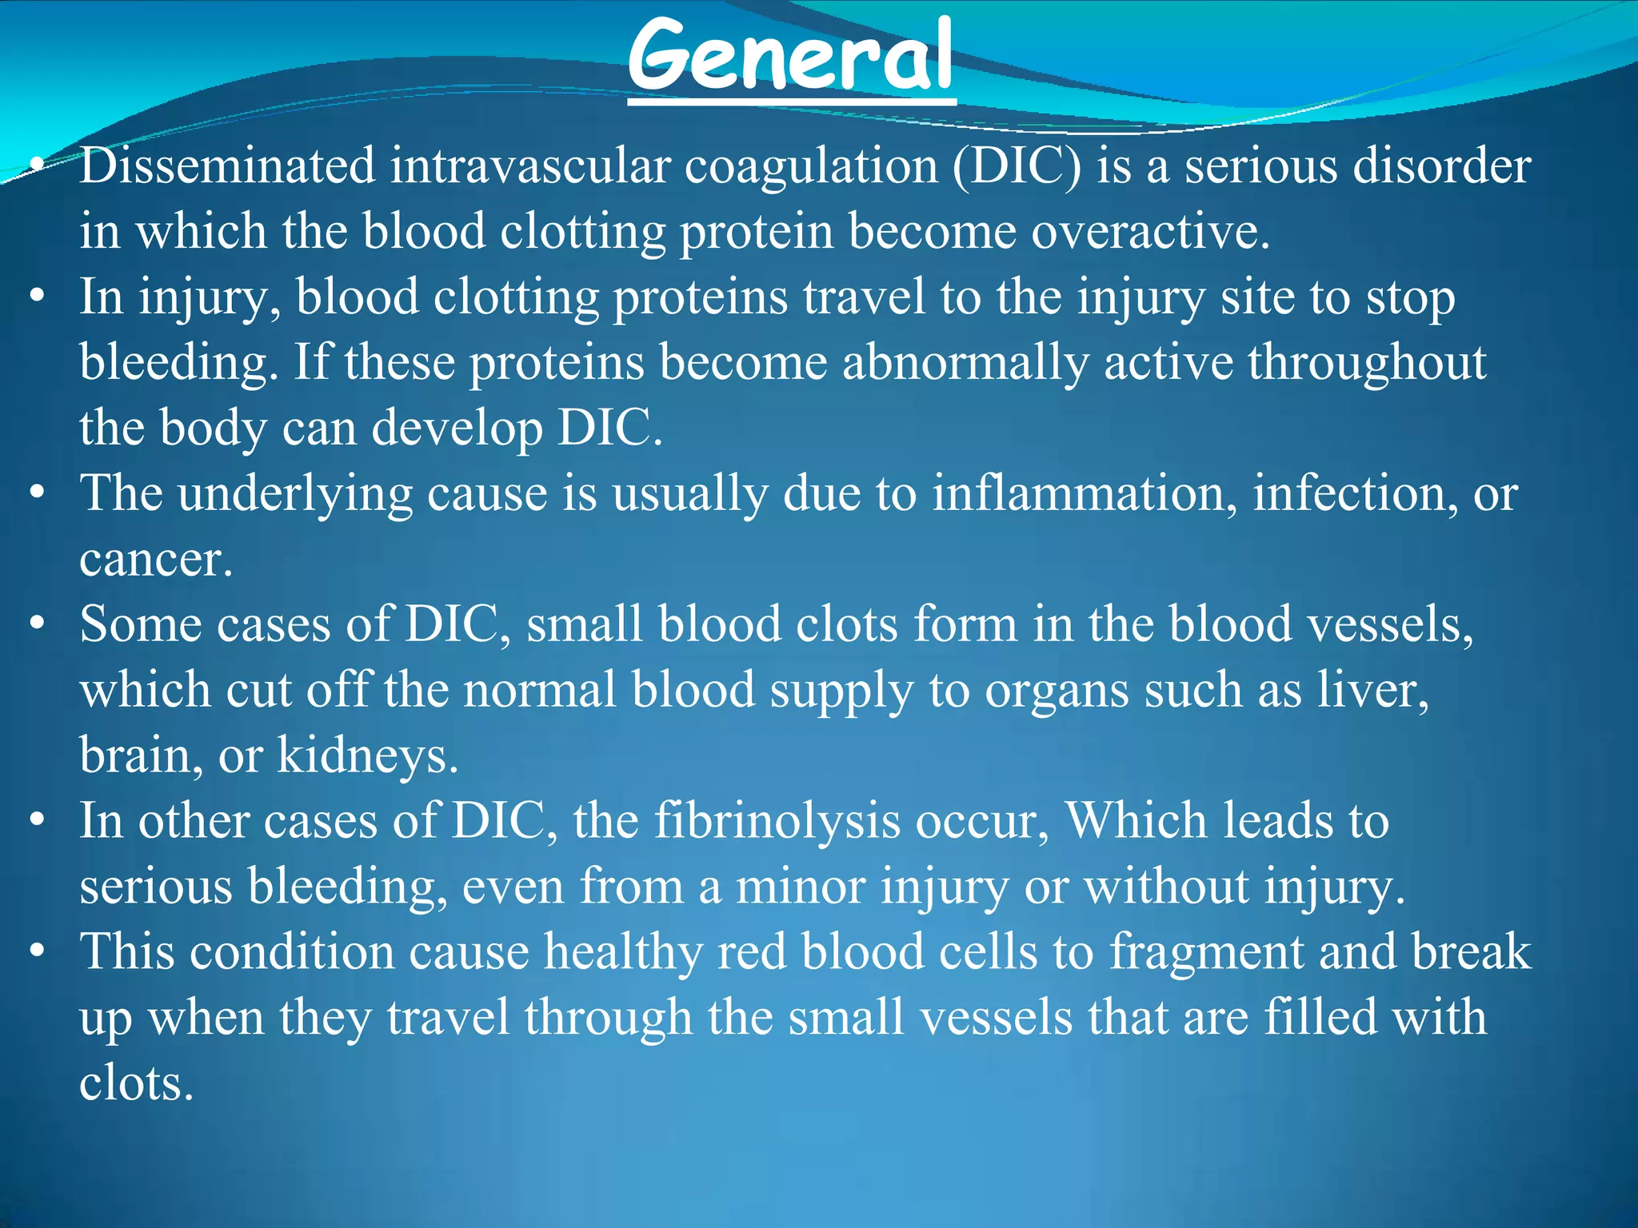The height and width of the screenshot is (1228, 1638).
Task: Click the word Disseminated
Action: pos(227,166)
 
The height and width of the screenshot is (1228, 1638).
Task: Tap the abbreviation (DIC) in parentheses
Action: pos(1016,166)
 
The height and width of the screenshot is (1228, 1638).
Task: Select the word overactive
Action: pos(1149,232)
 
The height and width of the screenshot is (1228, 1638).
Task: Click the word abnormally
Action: pos(965,363)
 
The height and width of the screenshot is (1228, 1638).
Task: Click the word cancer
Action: pos(155,560)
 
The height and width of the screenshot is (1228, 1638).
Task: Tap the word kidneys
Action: pos(367,756)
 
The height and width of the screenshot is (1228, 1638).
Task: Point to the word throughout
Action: pos(1367,363)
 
